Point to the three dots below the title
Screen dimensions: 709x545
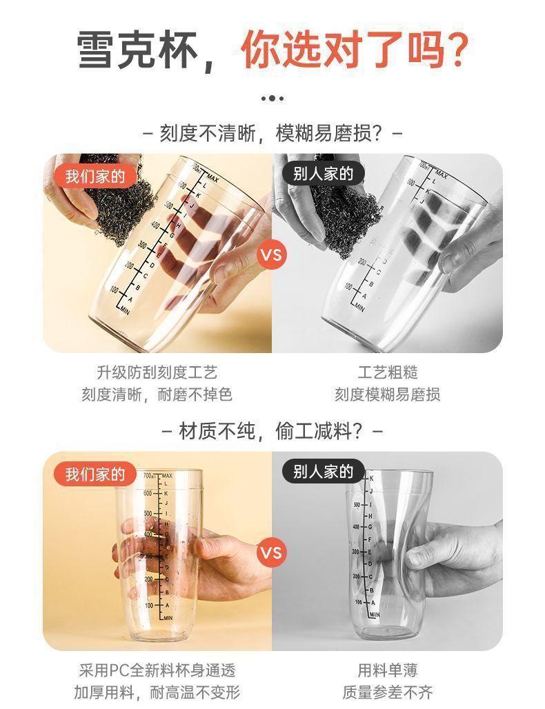[272, 99]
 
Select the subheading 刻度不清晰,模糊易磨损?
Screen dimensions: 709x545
[272, 132]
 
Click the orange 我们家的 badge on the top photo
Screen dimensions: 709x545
[95, 176]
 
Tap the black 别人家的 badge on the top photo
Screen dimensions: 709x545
[323, 174]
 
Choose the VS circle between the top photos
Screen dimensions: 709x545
[271, 254]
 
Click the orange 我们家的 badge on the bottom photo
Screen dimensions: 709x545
[95, 474]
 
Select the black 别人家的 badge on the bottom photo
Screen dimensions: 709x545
[323, 472]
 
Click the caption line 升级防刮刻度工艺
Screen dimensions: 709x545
[157, 372]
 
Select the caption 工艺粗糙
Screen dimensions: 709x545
[388, 372]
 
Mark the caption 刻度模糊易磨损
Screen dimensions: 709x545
[388, 395]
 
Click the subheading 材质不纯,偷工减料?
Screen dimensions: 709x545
[272, 432]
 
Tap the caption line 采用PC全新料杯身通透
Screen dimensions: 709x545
[157, 670]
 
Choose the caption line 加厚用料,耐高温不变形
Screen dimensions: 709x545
[157, 692]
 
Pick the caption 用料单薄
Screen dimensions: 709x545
[388, 670]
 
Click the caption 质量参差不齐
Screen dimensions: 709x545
[388, 692]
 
